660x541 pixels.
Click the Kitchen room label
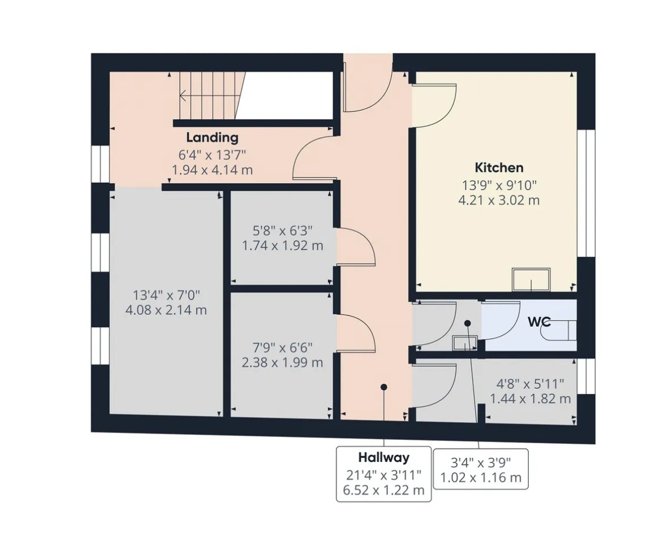499,167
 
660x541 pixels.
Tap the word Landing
212,137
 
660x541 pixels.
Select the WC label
539,322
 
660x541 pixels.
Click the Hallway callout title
383,457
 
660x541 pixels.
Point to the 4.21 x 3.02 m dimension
499,200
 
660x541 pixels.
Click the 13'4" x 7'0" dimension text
166,295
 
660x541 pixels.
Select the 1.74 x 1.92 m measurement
282,245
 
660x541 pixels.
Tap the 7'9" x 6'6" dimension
282,348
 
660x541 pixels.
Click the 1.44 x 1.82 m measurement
530,399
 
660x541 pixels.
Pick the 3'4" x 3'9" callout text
481,463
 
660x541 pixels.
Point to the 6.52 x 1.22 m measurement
383,490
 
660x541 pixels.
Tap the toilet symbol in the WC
559,330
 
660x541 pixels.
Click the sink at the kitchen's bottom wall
531,279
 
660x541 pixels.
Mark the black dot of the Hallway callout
383,387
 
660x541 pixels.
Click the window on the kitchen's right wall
586,193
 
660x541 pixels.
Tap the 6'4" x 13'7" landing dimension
212,155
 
